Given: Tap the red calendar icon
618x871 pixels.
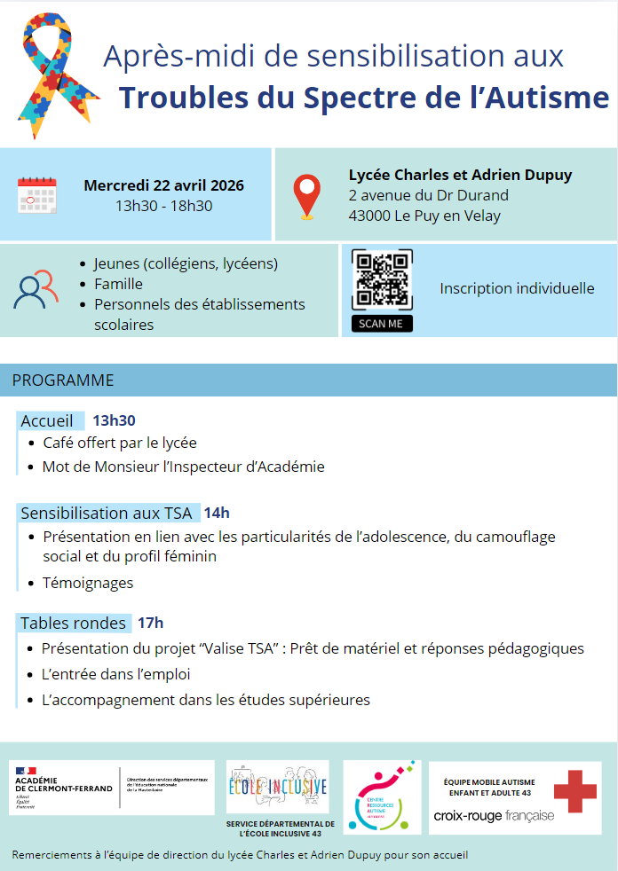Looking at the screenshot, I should [36, 195].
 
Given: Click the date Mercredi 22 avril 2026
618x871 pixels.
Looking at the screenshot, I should [163, 185].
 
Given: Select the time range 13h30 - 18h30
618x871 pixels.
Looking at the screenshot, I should [163, 207].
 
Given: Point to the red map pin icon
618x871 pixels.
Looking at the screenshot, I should [307, 197].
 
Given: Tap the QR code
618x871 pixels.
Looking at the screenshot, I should [382, 280].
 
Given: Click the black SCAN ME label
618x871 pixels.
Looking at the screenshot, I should [382, 324].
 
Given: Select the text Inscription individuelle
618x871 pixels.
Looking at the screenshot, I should [517, 288].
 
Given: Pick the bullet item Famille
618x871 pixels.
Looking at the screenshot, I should [118, 284].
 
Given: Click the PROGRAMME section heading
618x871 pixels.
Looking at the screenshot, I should [62, 381].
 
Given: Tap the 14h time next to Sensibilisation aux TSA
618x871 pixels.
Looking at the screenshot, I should [217, 513].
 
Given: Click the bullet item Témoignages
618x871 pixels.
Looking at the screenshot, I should [88, 583].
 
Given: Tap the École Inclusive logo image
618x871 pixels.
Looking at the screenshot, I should [277, 788].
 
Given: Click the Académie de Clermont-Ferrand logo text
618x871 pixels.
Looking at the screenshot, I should [64, 784].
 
